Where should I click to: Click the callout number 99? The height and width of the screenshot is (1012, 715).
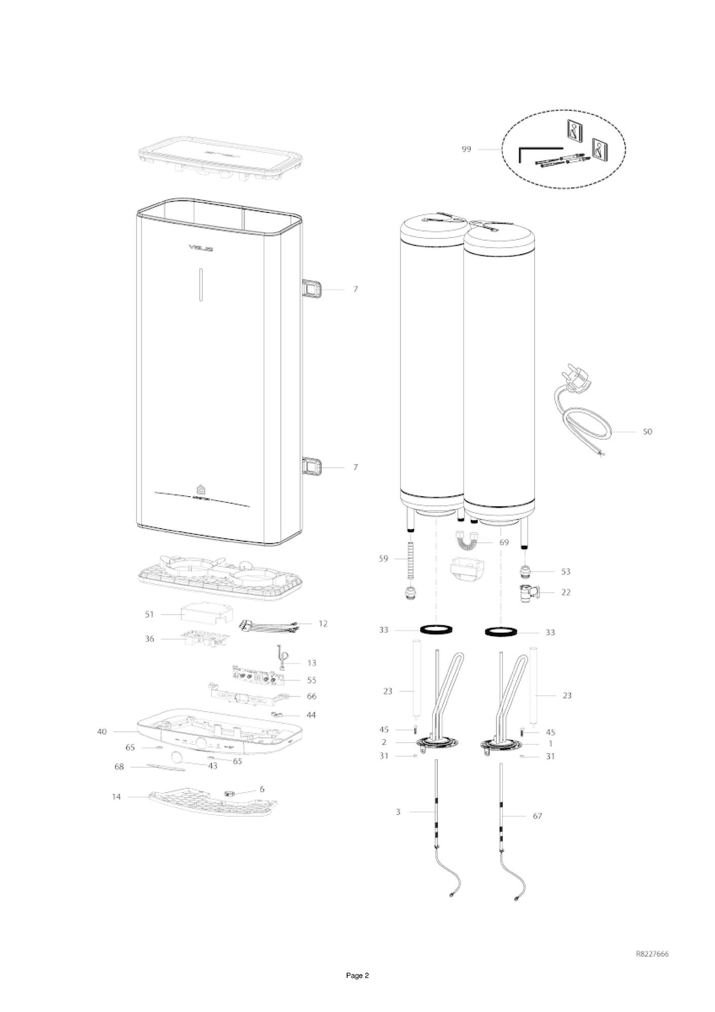pos(466,149)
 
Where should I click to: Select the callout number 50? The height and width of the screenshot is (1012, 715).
pos(648,432)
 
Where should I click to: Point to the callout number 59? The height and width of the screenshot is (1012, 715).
pos(383,559)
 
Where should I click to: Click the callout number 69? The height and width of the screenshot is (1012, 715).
pos(504,542)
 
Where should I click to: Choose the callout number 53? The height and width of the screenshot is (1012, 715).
pos(566,572)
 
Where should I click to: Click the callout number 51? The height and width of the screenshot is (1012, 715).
pos(149,614)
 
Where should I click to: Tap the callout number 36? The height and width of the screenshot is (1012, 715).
pos(149,639)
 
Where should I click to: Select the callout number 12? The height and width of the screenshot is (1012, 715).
pos(323,623)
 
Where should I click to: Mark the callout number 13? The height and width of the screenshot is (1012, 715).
pos(311,663)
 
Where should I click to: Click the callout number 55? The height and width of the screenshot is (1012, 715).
pos(311,680)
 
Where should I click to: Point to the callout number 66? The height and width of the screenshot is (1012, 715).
pos(311,696)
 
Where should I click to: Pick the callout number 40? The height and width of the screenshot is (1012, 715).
pos(102,731)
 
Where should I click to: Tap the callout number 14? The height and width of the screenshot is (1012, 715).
pos(117,797)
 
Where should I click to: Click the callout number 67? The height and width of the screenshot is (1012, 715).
pos(538,830)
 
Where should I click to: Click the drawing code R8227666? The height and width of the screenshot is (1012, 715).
pos(652,954)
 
